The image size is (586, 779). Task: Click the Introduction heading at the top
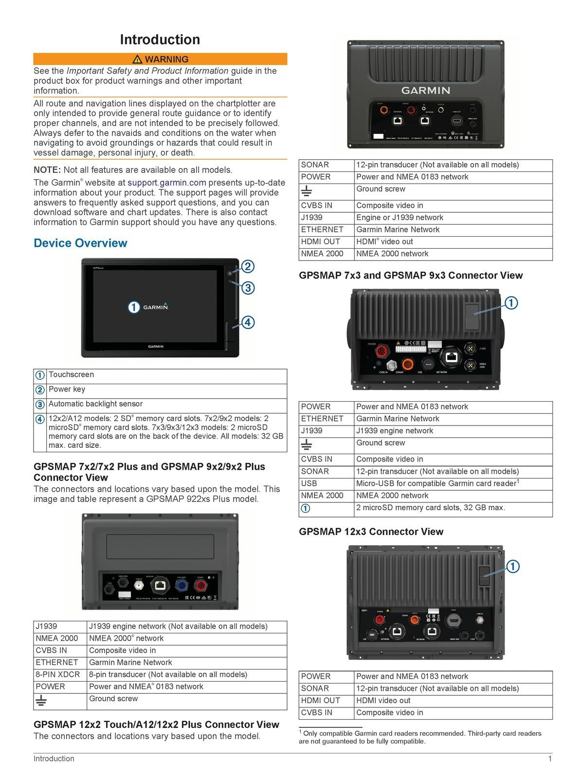pos(160,39)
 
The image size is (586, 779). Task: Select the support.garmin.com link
pos(166,183)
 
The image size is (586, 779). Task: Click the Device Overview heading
pos(80,243)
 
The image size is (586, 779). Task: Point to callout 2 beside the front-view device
pos(247,266)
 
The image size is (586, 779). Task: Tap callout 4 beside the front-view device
pos(247,322)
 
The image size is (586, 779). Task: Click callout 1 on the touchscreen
pos(134,307)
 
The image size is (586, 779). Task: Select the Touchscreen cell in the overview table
pos(71,374)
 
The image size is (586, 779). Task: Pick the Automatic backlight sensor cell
pos(95,404)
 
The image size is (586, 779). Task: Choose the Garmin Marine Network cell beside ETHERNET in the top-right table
pos(398,229)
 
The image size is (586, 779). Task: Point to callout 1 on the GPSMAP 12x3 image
pos(513,566)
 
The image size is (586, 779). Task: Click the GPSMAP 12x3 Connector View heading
pos(371,532)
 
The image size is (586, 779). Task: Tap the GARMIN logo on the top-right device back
pos(425,90)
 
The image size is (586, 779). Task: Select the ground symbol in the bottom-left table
pos(41,701)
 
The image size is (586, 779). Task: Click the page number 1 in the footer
pos(550,759)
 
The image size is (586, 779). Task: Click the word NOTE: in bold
pos(47,170)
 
